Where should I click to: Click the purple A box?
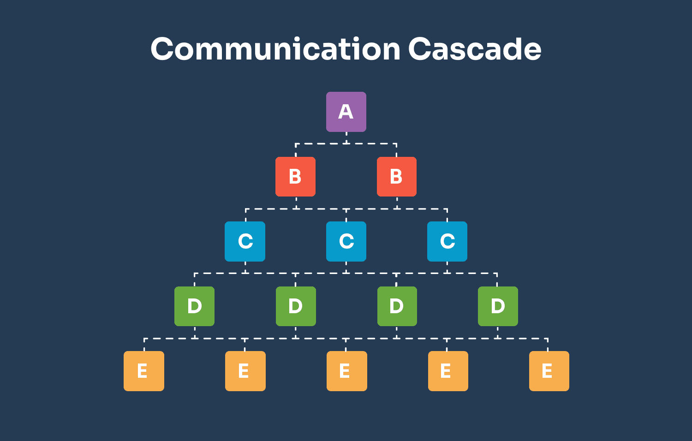tap(346, 112)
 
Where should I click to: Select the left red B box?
tap(295, 177)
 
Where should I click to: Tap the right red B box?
tap(396, 177)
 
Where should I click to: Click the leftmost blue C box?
tap(245, 241)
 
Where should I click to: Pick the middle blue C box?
tap(346, 241)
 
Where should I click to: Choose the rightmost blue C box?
tap(447, 241)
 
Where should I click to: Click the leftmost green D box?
tap(194, 306)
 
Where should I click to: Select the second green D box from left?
tap(296, 306)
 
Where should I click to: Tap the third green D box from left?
tap(397, 306)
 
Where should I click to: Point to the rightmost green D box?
tap(498, 306)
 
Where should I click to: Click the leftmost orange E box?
tap(144, 371)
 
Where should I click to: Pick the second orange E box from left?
tap(245, 371)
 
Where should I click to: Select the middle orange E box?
tap(346, 371)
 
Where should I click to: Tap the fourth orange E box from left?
tap(448, 371)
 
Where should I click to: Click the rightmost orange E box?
tap(549, 371)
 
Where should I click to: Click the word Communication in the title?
tap(275, 49)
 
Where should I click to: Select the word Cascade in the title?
tap(474, 49)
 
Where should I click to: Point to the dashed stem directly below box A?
tap(346, 138)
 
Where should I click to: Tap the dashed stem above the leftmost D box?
tap(195, 280)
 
